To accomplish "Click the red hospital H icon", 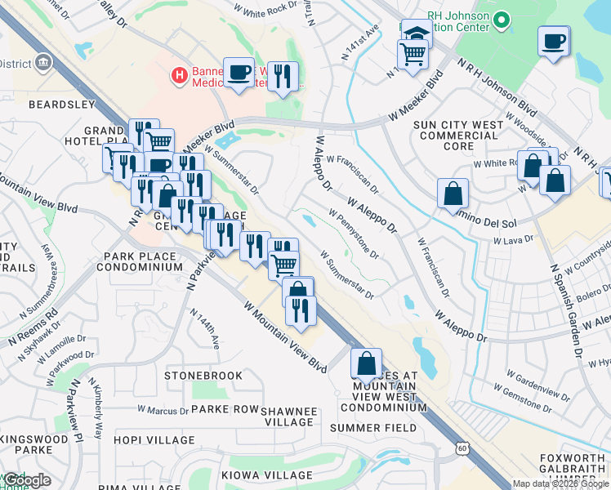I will click(177, 77).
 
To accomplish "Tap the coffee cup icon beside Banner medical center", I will click(238, 73).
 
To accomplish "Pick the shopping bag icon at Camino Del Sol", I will click(453, 194).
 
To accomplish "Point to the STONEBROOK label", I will click(203, 376).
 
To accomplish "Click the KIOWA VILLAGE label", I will click(276, 475).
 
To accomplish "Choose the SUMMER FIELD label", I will click(373, 428).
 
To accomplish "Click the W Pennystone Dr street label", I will click(354, 234).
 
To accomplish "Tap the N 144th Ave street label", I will click(205, 329).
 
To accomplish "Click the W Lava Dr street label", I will click(513, 240).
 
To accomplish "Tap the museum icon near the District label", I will click(42, 62).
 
